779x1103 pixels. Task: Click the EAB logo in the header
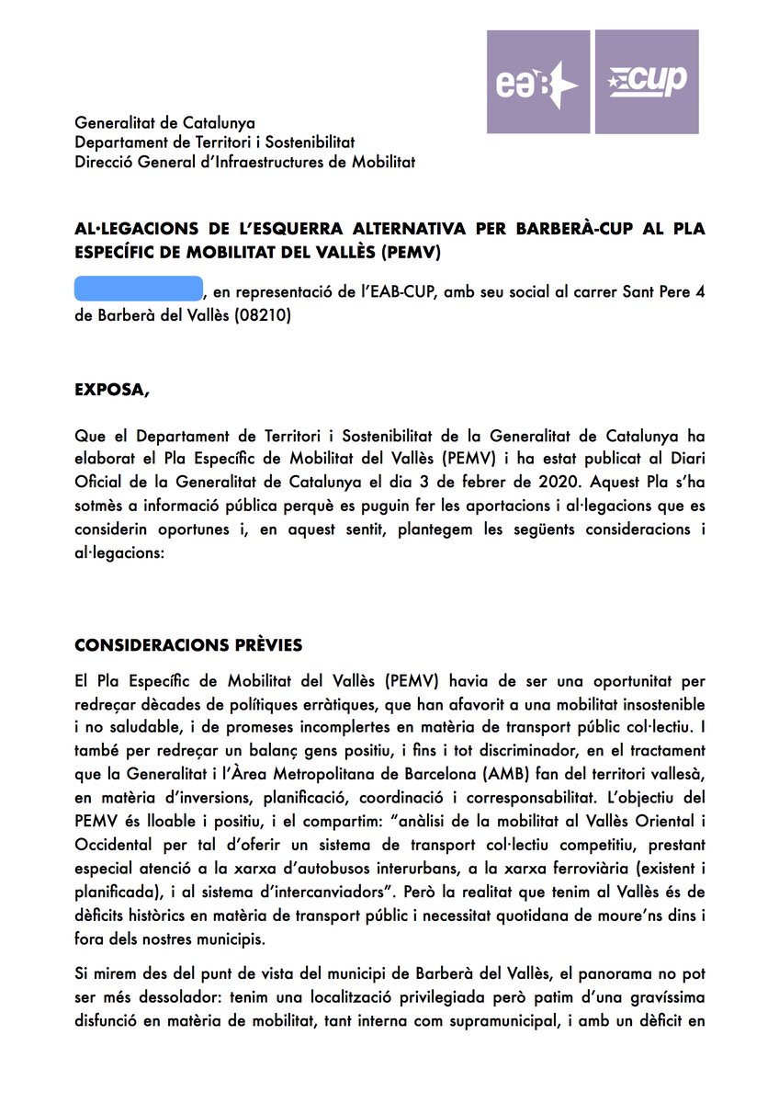coord(538,82)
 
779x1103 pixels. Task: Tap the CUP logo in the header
coord(647,82)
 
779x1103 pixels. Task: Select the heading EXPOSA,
coord(111,389)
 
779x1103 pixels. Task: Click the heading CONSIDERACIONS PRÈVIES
coord(188,645)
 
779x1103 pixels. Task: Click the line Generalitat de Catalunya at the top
coord(164,123)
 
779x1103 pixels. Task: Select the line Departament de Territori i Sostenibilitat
coord(214,142)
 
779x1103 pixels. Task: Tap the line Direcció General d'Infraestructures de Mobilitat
coord(244,163)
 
